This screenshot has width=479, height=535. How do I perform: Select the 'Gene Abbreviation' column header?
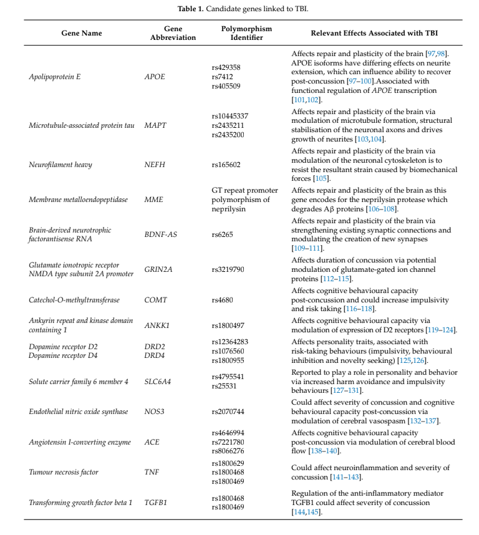click(x=173, y=33)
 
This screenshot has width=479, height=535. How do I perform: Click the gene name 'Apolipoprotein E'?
click(x=55, y=77)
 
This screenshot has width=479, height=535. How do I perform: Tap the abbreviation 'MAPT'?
click(x=155, y=125)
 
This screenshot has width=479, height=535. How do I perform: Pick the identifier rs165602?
click(x=226, y=165)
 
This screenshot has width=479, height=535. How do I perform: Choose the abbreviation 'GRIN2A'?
click(x=159, y=269)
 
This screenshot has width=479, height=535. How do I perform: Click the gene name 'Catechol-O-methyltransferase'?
click(x=74, y=300)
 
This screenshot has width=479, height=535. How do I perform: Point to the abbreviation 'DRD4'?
click(x=155, y=355)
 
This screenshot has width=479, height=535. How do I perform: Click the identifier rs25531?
click(x=224, y=386)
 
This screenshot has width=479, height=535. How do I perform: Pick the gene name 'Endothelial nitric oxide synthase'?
click(x=79, y=412)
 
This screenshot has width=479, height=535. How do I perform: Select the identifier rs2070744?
click(x=228, y=412)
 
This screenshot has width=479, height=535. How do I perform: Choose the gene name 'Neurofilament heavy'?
click(x=60, y=165)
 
